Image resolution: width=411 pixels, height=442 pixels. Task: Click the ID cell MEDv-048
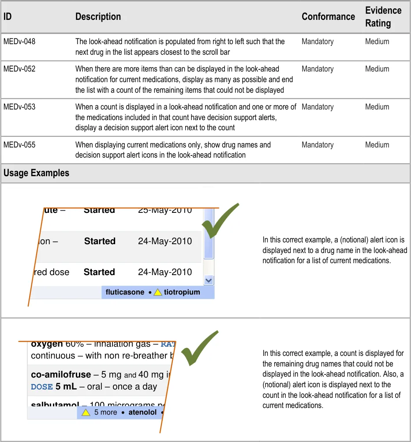[19, 42]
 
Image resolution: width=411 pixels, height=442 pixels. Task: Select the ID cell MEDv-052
[19, 69]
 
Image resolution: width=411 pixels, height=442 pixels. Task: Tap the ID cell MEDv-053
[19, 107]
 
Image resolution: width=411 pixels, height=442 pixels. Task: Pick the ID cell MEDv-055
[19, 145]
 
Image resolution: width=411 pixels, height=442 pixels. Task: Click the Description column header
[98, 17]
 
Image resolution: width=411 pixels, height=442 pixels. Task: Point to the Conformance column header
[328, 17]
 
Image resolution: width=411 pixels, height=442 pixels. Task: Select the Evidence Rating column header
[383, 17]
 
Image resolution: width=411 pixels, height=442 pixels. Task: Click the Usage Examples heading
[36, 173]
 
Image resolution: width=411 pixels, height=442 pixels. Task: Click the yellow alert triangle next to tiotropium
[158, 292]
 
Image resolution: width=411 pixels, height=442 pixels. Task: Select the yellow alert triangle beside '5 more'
[86, 412]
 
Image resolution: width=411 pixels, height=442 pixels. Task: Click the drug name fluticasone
[125, 292]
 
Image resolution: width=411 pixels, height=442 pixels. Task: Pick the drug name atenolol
[142, 412]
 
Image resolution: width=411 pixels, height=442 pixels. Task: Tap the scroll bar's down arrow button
[209, 280]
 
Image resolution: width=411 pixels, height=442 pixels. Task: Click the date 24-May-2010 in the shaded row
[165, 242]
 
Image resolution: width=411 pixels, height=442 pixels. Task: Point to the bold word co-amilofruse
[61, 375]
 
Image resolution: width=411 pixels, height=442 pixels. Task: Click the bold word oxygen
[47, 344]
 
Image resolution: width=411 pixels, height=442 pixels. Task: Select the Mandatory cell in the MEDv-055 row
[318, 145]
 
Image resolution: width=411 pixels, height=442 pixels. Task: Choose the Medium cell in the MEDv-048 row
[377, 42]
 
